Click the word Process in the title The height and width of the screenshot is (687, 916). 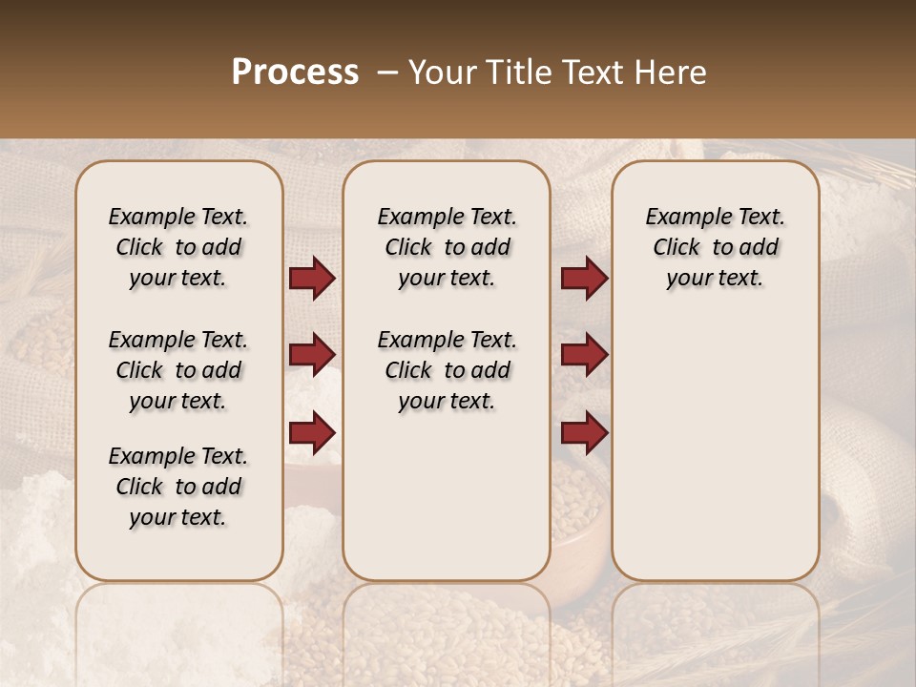(x=295, y=73)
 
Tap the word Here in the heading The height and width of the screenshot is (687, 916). (x=672, y=73)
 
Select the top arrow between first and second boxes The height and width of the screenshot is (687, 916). (x=312, y=279)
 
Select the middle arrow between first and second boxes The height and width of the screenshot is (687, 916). (x=312, y=355)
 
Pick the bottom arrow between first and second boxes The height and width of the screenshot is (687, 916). (x=312, y=432)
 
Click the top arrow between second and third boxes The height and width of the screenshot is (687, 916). (x=584, y=279)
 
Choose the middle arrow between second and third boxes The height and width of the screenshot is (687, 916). (x=584, y=355)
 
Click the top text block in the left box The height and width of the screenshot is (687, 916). (x=178, y=247)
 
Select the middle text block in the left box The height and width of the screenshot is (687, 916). (x=178, y=370)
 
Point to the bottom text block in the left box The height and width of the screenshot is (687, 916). (x=178, y=487)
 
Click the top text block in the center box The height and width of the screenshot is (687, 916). (x=447, y=247)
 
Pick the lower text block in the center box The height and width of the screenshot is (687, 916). (x=447, y=370)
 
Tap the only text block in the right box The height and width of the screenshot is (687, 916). (x=715, y=247)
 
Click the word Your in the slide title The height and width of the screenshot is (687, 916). (x=443, y=73)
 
